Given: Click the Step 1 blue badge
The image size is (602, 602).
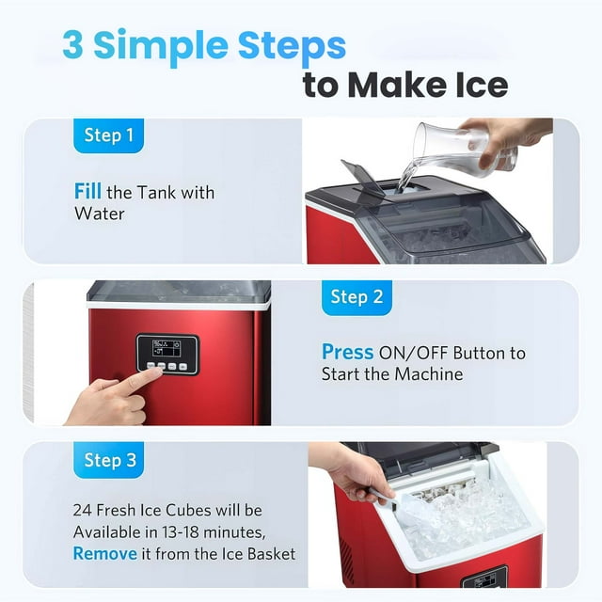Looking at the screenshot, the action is (x=109, y=135).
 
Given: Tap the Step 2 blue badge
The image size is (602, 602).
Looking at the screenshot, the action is (x=356, y=297).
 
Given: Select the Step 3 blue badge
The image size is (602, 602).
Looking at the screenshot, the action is (x=109, y=460).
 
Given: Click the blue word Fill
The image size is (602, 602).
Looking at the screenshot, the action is (x=87, y=191).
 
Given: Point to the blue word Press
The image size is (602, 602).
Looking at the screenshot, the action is (x=347, y=352).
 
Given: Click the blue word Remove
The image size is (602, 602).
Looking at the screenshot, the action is (x=104, y=554).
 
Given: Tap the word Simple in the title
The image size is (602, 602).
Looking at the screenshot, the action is (x=161, y=46).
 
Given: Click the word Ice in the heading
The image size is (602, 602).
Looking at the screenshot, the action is (x=482, y=85).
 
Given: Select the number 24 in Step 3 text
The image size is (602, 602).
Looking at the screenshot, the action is (x=83, y=511).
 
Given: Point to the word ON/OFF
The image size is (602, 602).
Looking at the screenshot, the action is (x=414, y=354).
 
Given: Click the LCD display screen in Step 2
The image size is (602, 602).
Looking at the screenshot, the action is (x=166, y=349).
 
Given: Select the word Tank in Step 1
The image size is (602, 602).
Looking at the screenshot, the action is (x=155, y=192).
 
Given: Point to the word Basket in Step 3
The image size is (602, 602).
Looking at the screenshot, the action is (x=271, y=554).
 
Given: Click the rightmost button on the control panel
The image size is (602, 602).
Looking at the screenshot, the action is (x=182, y=367).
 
